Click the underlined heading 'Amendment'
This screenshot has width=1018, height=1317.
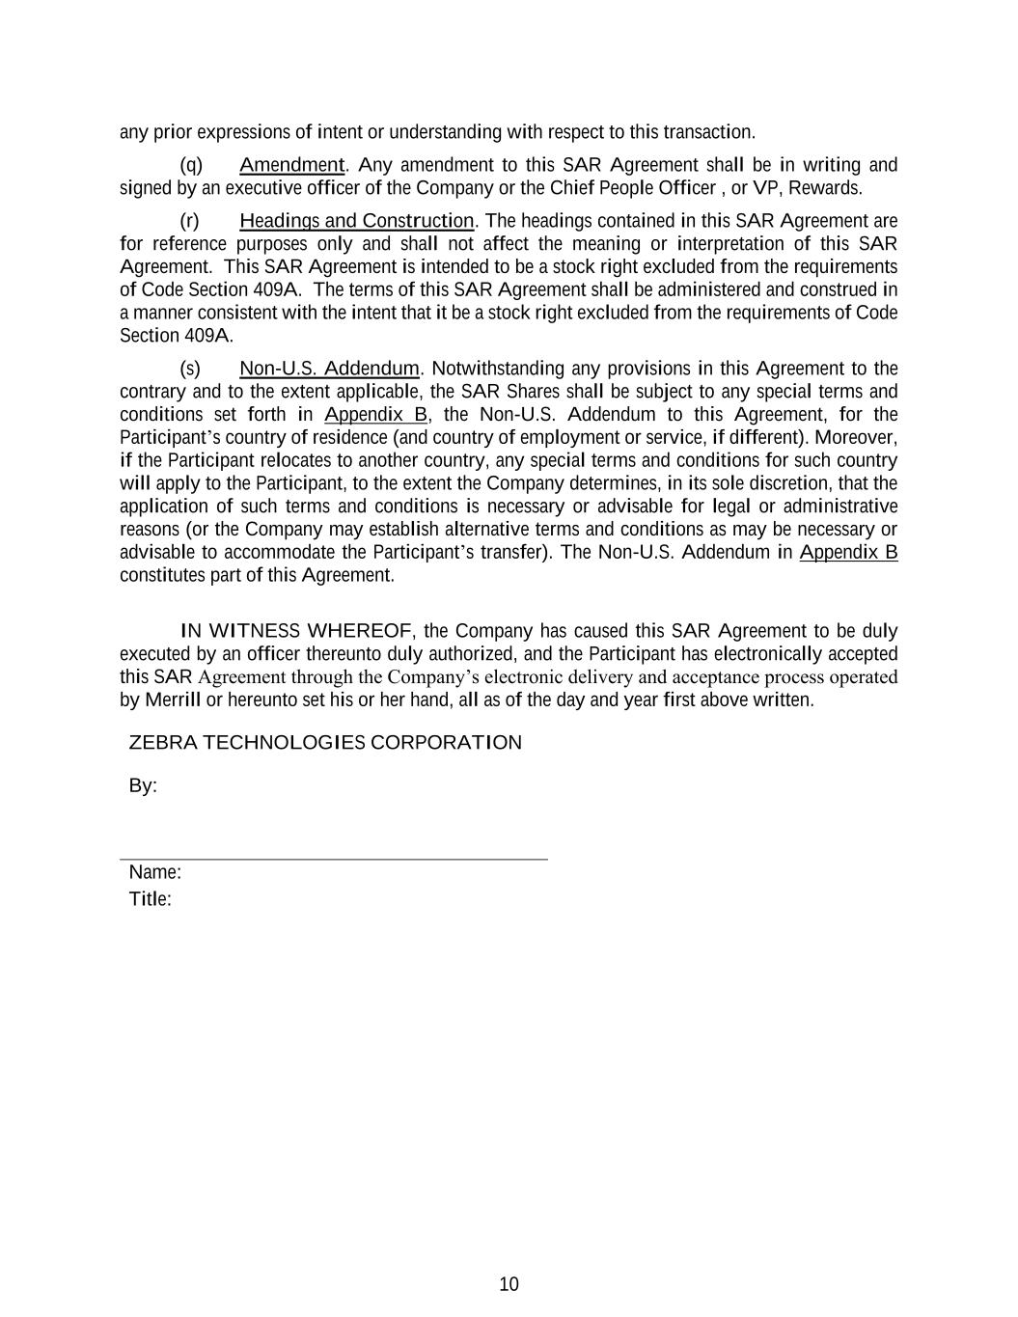point(291,165)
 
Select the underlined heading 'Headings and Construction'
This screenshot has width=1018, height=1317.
point(357,221)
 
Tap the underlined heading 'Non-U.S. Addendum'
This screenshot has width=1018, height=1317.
point(329,369)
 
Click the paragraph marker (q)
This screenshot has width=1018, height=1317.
point(191,165)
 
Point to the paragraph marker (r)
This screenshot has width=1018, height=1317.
point(190,221)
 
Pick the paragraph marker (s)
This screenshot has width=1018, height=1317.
point(191,369)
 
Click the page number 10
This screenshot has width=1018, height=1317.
point(509,1284)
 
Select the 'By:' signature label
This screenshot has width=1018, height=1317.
point(143,786)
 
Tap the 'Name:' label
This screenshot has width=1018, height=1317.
point(155,872)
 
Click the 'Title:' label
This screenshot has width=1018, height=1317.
point(151,900)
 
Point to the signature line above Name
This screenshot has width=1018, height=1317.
point(333,859)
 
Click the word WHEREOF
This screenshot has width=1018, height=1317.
point(359,632)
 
